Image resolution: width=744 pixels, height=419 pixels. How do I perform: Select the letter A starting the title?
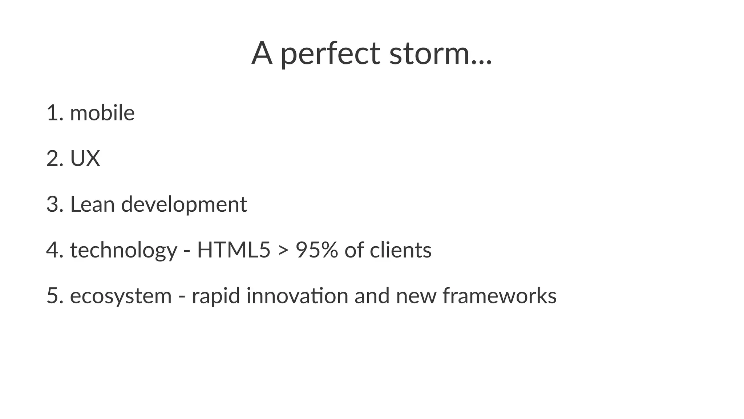coord(262,54)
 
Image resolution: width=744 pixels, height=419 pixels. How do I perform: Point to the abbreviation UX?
coord(85,159)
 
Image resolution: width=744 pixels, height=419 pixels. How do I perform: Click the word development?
coord(184,205)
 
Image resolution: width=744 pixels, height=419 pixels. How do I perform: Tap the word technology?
coord(124,251)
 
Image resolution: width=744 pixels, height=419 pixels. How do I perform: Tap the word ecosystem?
coord(121,296)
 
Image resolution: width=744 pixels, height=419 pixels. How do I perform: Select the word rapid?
coord(216,296)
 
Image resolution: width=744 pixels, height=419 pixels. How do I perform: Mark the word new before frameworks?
coord(416,296)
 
